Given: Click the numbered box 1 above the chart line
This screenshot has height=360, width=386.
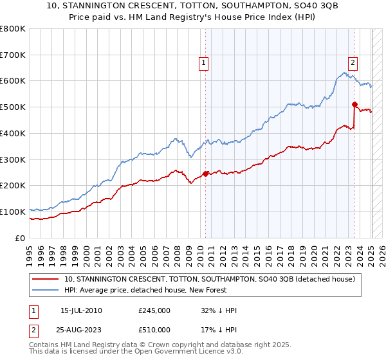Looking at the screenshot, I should pos(203,62).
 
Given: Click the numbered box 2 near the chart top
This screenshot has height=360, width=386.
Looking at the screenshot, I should pos(353,62).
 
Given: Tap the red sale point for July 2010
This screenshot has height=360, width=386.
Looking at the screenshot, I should pos(205,173).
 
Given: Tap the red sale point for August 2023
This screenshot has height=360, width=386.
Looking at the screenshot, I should pos(354,104).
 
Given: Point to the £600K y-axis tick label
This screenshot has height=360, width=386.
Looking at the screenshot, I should pos(13,81).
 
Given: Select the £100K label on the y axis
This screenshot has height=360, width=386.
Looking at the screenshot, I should pos(13,212).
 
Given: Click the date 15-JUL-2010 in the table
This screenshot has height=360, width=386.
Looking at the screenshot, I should pos(81,310).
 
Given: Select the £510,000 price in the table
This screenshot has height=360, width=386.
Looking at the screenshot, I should pos(154,330).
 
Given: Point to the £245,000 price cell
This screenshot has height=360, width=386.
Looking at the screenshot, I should pos(154,310).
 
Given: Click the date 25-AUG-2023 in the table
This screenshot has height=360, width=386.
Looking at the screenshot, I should pos(82,330).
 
